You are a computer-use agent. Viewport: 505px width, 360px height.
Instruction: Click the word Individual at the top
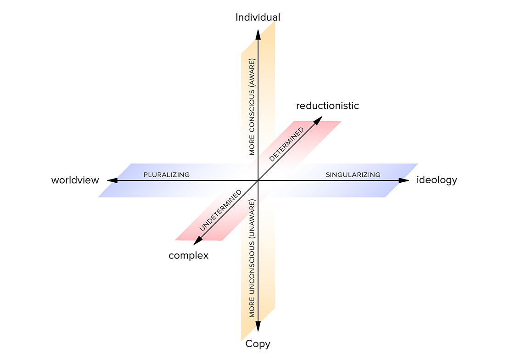point(258,17)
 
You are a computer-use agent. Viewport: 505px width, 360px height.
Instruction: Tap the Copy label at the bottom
point(258,343)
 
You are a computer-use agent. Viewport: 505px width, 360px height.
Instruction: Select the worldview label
point(75,180)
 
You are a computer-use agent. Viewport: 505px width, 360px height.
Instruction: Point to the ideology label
point(437,180)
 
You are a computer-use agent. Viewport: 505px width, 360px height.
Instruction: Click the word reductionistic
point(327,106)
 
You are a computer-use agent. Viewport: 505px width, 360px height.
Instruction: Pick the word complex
point(188,255)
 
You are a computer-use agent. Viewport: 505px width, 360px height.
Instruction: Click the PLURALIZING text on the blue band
point(166,174)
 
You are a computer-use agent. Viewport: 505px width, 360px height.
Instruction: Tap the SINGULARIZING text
point(353,174)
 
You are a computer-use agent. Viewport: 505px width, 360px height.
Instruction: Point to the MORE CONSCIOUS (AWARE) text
point(252,107)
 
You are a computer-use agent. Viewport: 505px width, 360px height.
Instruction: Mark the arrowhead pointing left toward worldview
point(112,181)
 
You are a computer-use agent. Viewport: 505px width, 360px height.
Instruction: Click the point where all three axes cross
point(258,181)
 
